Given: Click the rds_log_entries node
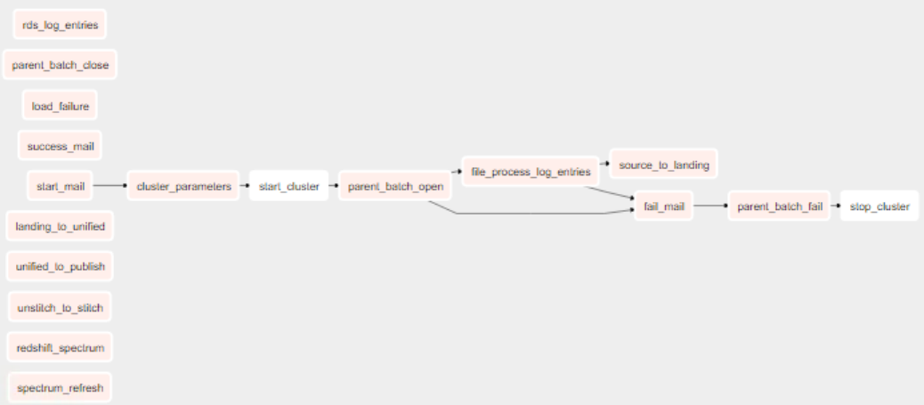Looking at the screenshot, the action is [60, 25].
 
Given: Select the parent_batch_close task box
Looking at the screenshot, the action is [60, 65].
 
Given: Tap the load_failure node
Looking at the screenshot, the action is [60, 106].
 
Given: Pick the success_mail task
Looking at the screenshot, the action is [60, 146].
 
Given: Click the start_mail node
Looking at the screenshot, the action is [60, 186].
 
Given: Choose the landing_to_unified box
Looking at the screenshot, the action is [60, 227].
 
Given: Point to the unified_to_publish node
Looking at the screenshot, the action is [60, 267].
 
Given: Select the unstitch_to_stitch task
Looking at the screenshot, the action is [60, 308].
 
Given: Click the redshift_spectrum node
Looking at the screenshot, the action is [60, 347].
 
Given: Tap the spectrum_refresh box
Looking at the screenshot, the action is [60, 388].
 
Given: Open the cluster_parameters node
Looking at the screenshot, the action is [183, 186].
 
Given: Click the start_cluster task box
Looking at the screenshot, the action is [288, 186].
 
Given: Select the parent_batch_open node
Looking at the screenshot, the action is [395, 186].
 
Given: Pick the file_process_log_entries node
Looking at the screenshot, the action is [531, 171].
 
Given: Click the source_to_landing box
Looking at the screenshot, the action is [663, 166].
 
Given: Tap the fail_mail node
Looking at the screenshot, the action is [663, 207].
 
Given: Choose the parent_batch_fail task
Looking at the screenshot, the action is [779, 207].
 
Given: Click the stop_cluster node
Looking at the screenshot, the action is [879, 207].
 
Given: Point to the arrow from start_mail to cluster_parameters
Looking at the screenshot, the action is [109, 186].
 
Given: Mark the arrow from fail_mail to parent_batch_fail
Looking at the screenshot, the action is [709, 207].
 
